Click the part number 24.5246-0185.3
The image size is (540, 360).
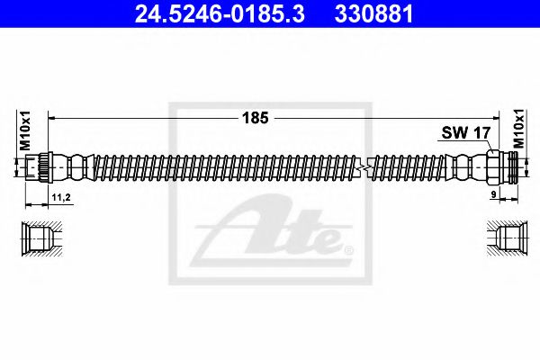tap(209, 13)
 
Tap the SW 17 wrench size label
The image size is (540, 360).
tap(464, 133)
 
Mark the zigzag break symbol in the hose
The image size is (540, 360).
tap(362, 166)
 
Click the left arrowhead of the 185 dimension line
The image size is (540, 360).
tap(50, 118)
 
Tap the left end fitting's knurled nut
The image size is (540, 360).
tap(36, 166)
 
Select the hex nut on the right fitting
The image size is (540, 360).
tap(493, 166)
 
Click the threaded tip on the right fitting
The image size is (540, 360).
tap(513, 166)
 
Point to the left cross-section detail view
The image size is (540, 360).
tap(38, 238)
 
